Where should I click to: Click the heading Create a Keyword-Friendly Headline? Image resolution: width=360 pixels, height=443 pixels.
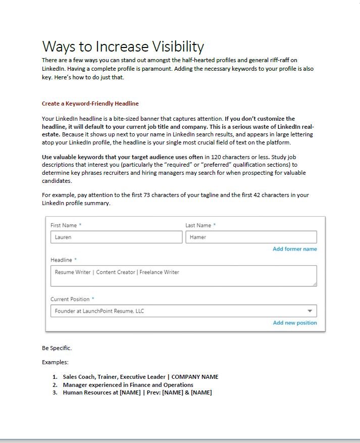(x=90, y=104)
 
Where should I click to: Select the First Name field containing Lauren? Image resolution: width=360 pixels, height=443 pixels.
(x=116, y=237)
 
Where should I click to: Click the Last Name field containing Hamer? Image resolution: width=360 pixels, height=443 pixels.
(x=251, y=237)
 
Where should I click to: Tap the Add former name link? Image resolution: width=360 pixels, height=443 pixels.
(x=295, y=249)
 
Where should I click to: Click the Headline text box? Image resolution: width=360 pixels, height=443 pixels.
(x=184, y=276)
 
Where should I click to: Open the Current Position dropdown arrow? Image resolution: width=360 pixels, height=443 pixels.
(x=310, y=311)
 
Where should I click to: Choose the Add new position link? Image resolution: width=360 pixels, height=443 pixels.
(x=295, y=323)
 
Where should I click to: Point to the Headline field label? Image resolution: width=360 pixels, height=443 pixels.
(x=62, y=260)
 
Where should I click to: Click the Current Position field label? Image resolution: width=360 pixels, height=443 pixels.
(x=71, y=299)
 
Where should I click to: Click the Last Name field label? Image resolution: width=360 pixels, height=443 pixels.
(x=198, y=225)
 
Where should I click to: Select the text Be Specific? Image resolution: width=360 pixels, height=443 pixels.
(x=57, y=348)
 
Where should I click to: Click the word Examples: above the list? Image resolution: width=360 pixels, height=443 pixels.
(x=55, y=362)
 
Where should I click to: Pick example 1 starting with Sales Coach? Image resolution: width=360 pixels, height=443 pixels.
(x=140, y=377)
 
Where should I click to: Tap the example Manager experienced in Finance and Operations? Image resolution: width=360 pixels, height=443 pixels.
(x=128, y=385)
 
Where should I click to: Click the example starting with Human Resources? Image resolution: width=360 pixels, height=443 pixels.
(x=137, y=392)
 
